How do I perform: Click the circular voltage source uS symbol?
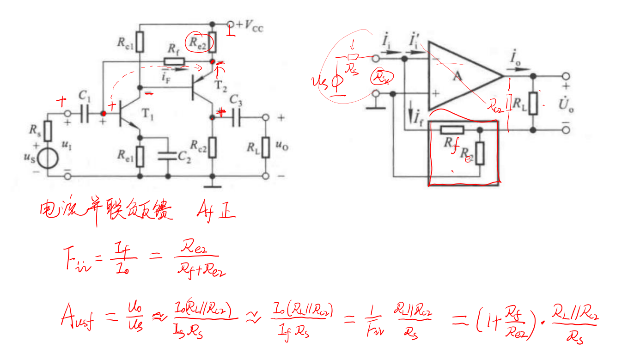tap(48, 158)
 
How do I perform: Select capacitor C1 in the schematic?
tap(84, 113)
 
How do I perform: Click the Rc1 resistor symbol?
tap(140, 43)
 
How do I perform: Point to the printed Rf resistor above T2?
tap(174, 61)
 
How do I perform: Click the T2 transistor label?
tap(221, 86)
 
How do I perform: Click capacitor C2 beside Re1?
tap(167, 156)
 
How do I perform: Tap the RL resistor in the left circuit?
tap(265, 147)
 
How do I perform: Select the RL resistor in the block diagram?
tap(533, 103)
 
